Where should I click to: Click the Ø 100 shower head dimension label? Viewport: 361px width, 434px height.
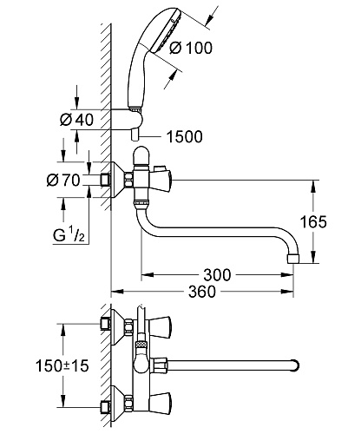pyautogui.click(x=191, y=48)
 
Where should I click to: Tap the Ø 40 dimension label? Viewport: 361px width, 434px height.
pyautogui.click(x=77, y=120)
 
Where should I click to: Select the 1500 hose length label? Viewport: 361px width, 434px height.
pyautogui.click(x=185, y=137)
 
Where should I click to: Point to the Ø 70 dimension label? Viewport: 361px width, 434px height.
pyautogui.click(x=63, y=180)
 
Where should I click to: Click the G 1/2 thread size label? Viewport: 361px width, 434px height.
pyautogui.click(x=69, y=234)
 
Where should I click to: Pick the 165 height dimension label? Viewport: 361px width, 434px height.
pyautogui.click(x=313, y=221)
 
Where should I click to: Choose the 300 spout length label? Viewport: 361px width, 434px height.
pyautogui.click(x=217, y=275)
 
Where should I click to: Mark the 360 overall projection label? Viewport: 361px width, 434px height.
pyautogui.click(x=202, y=292)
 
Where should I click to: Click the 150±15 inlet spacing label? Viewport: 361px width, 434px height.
pyautogui.click(x=62, y=365)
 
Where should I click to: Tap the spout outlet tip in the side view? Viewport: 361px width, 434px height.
pyautogui.click(x=293, y=259)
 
